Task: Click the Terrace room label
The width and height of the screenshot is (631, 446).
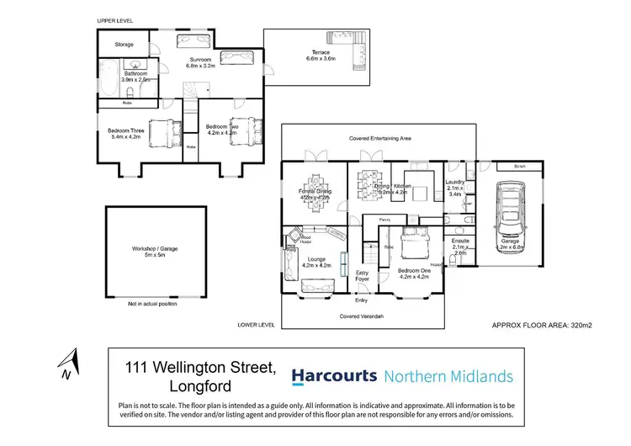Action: point(318,56)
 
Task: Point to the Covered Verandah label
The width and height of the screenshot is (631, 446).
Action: point(363,316)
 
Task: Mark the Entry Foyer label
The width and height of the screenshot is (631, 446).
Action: point(363,276)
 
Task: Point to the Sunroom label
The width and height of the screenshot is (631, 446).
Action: point(199,61)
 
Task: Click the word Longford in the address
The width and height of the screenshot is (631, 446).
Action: point(200,388)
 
